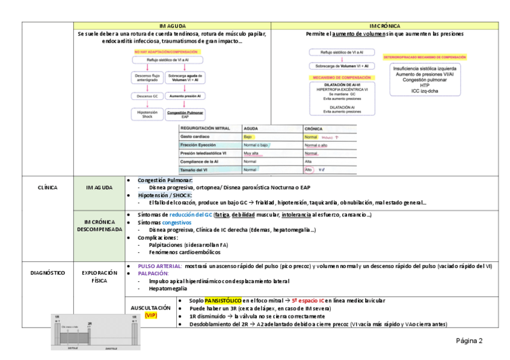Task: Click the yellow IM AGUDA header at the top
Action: point(172,26)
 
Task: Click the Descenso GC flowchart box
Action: point(147,96)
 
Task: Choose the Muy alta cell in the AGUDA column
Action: point(251,154)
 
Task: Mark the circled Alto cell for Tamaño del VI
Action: point(309,170)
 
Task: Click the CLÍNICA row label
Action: point(47,188)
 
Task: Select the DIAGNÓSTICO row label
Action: point(47,272)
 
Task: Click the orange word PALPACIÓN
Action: point(153,273)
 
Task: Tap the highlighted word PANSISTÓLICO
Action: point(223,300)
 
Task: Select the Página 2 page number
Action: point(469,341)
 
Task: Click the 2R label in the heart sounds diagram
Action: point(90,323)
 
